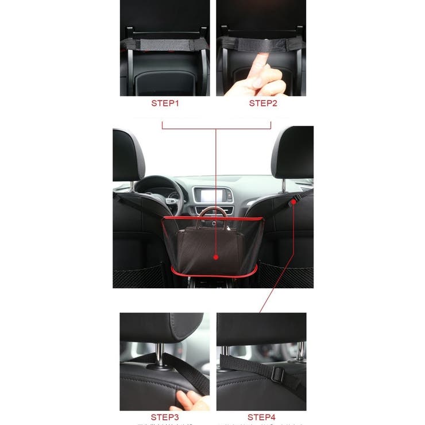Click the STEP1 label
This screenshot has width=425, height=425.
click(x=165, y=103)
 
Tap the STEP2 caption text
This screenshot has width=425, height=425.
click(x=263, y=103)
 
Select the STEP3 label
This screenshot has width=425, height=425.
click(x=165, y=417)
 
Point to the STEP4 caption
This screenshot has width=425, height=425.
click(x=261, y=417)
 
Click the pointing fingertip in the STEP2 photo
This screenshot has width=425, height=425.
click(x=262, y=58)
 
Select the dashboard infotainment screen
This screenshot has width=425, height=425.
click(x=212, y=195)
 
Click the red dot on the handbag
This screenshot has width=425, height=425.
click(x=216, y=257)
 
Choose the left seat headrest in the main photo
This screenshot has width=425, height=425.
click(x=128, y=154)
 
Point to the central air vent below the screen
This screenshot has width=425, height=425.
click(x=212, y=210)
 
